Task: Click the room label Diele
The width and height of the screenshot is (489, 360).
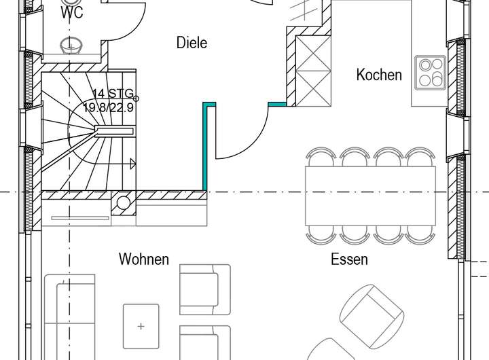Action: pos(192,43)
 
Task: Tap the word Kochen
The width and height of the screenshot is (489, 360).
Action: pos(379,75)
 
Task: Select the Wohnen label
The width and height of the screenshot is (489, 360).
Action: pos(143,259)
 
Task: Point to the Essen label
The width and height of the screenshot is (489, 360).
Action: pos(349,259)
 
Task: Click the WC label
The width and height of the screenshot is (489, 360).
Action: pos(72,13)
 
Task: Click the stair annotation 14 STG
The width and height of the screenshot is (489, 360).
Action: pos(113,94)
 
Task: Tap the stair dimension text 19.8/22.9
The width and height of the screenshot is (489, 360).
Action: pos(109,107)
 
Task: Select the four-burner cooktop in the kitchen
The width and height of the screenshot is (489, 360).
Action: pos(430,72)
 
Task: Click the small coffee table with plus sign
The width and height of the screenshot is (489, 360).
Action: pos(141,327)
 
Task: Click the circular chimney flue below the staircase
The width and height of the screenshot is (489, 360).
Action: pos(124,203)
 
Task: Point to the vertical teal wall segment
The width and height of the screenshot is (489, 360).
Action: pos(204,146)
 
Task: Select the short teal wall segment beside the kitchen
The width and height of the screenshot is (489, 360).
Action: pos(277,105)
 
